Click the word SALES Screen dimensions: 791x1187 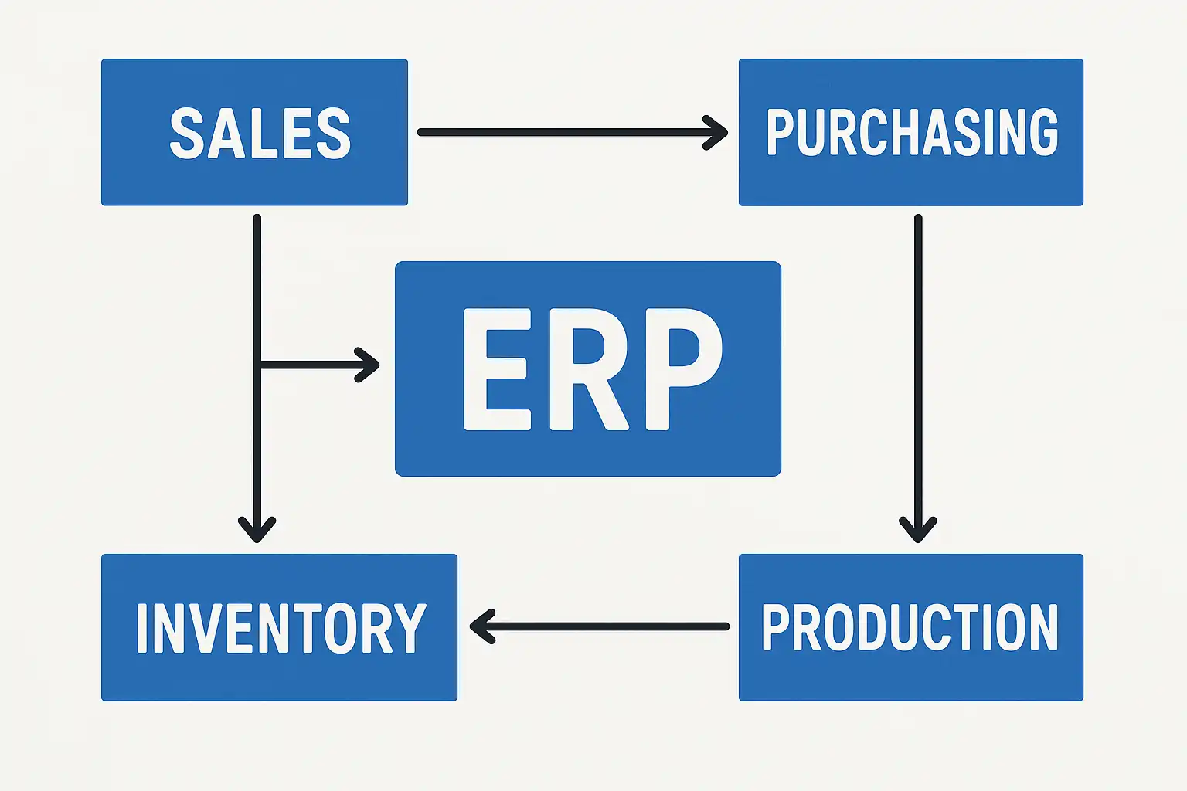pyautogui.click(x=260, y=134)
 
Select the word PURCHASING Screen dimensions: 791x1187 pyautogui.click(x=912, y=133)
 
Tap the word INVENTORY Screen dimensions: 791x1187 pyautogui.click(x=281, y=628)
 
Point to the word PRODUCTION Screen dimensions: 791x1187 pyautogui.click(x=910, y=627)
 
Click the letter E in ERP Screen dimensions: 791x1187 pyautogui.click(x=496, y=369)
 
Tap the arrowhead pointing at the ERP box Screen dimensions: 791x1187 pyautogui.click(x=369, y=365)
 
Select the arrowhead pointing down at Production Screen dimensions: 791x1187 pyautogui.click(x=918, y=531)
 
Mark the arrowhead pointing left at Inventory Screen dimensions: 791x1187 pyautogui.click(x=481, y=626)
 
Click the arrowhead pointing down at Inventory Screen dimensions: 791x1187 pyautogui.click(x=257, y=531)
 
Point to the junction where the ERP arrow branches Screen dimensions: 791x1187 pyautogui.click(x=257, y=365)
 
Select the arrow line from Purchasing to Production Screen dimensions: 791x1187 pyautogui.click(x=918, y=363)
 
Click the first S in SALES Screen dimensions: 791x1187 pyautogui.click(x=185, y=134)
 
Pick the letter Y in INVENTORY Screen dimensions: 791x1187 pyautogui.click(x=411, y=628)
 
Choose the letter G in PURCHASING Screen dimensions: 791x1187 pyautogui.click(x=1042, y=133)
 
